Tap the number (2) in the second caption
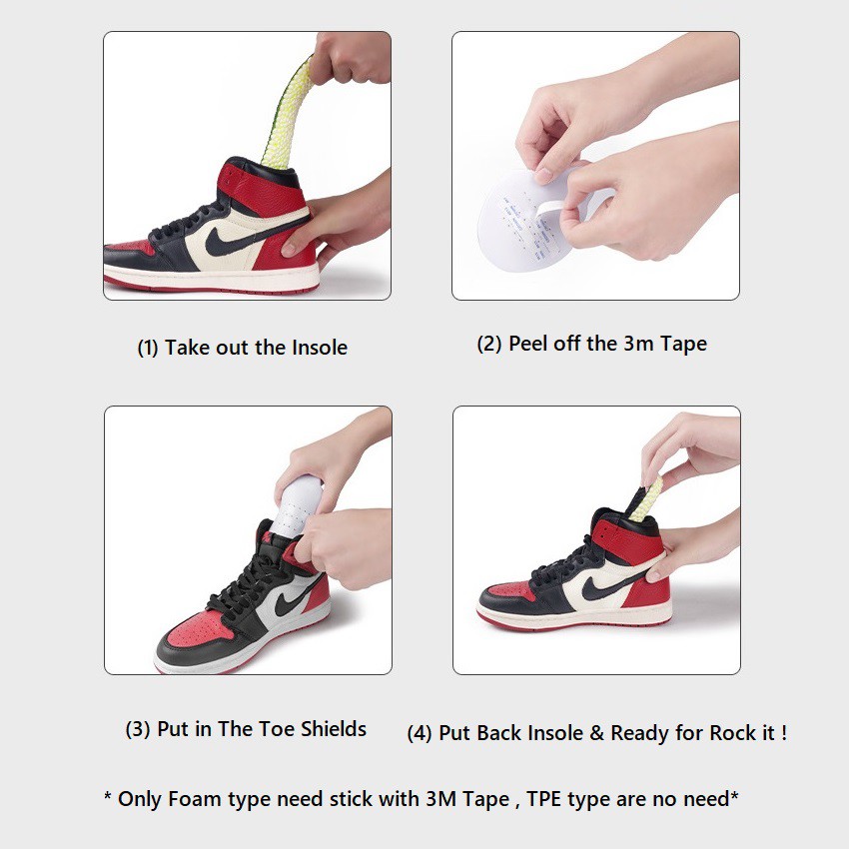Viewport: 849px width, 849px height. pyautogui.click(x=489, y=344)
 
